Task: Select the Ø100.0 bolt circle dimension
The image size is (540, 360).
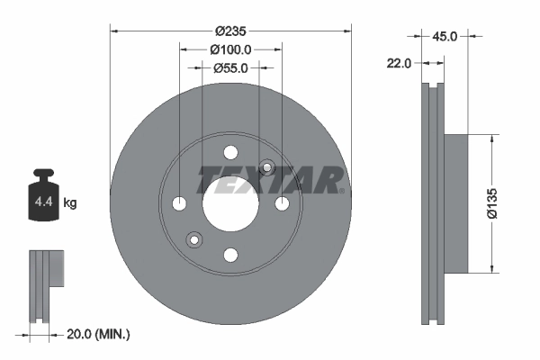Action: [x=230, y=49]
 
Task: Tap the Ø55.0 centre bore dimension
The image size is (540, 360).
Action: [x=230, y=67]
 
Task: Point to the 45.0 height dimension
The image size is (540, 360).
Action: [x=445, y=37]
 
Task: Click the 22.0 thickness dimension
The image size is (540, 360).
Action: [x=400, y=63]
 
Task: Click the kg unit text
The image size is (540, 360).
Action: [x=70, y=203]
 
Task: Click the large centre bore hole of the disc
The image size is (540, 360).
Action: [x=229, y=203]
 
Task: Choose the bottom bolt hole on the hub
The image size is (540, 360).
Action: [x=230, y=256]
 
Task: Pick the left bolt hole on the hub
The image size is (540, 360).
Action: [x=178, y=203]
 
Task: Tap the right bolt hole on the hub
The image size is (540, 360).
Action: [x=282, y=203]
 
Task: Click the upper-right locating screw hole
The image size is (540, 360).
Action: [x=266, y=167]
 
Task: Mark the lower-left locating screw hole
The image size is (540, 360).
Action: [x=193, y=239]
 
